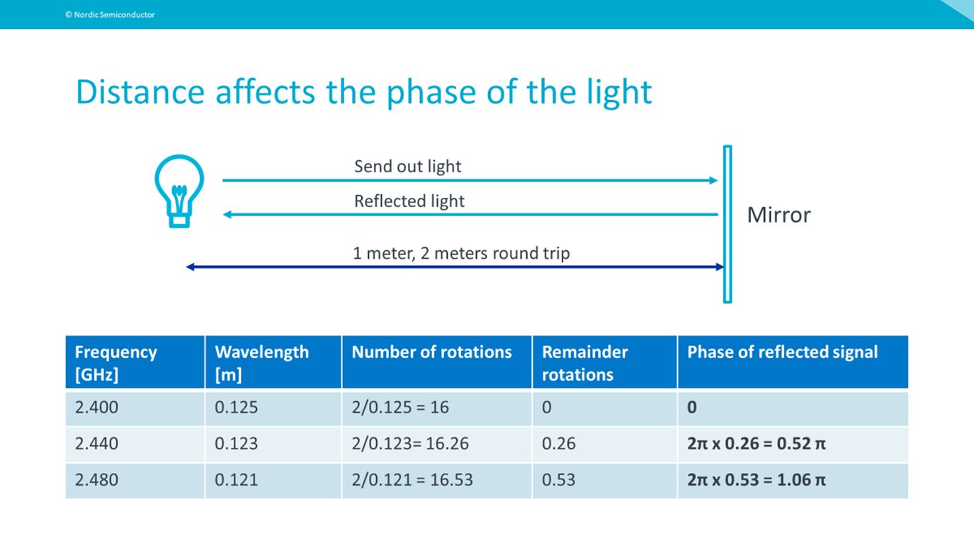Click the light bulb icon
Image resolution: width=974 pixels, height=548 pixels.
179,191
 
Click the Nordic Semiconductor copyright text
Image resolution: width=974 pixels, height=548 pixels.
110,15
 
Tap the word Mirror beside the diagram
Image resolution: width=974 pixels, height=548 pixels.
778,215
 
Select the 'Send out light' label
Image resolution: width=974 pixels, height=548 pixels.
407,167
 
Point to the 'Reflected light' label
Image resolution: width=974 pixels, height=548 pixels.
409,201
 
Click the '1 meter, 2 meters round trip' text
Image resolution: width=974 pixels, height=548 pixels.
461,253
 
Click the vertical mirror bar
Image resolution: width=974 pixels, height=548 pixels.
727,224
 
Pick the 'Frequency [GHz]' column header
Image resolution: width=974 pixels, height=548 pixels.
115,363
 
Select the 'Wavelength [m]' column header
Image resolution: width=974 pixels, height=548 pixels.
262,363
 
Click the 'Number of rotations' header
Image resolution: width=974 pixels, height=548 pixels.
432,352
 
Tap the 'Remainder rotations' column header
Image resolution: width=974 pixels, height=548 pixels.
585,363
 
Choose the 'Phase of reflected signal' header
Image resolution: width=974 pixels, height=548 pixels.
782,352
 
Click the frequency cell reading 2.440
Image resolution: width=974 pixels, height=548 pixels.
96,444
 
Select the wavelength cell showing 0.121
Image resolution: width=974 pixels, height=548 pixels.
236,480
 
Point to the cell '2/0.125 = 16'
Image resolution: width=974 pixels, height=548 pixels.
400,408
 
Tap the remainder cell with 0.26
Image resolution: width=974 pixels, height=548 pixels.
558,444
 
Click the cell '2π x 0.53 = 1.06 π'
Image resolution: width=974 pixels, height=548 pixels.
756,480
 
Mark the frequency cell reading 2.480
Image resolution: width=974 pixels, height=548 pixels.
96,480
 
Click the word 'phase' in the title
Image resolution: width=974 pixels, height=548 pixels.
431,93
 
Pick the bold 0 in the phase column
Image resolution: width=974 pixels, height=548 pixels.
692,408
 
